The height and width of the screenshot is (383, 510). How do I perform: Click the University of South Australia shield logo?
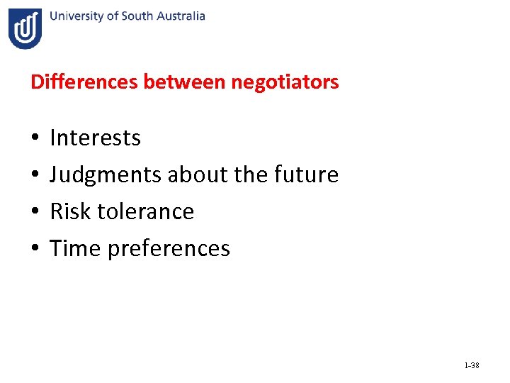(25, 28)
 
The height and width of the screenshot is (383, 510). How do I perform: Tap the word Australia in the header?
(178, 16)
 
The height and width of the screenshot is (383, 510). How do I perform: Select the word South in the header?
(137, 16)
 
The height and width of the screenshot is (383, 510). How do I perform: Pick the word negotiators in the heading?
(285, 82)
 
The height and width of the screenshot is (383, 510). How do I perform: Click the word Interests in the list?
(96, 138)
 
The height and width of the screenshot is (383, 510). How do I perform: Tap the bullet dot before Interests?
(34, 138)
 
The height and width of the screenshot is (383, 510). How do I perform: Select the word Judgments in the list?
(106, 174)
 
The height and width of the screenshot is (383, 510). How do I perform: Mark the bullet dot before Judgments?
(34, 175)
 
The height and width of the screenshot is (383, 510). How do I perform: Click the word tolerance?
(144, 211)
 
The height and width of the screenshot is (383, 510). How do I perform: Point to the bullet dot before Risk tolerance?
(34, 212)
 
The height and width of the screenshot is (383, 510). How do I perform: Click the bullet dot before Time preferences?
(34, 249)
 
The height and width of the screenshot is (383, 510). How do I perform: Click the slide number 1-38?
(471, 365)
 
